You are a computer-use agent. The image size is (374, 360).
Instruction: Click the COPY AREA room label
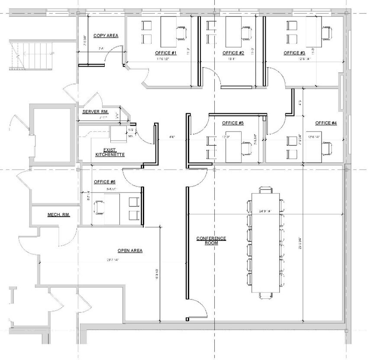(x=106, y=36)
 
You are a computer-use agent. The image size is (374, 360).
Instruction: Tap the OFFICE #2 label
(x=233, y=53)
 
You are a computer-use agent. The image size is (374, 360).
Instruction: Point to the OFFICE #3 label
(x=294, y=53)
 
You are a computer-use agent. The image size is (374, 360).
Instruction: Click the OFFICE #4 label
(x=326, y=123)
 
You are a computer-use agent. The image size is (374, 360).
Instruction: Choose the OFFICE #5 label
(x=233, y=123)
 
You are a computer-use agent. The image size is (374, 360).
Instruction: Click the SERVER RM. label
(x=95, y=112)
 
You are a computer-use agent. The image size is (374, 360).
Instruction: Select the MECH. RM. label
(x=58, y=215)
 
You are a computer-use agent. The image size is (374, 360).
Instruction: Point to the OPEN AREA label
(x=130, y=251)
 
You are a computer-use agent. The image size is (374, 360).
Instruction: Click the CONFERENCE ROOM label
(x=211, y=241)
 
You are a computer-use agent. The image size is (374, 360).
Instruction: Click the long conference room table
(x=266, y=242)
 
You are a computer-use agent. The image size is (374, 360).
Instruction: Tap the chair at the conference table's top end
(x=266, y=190)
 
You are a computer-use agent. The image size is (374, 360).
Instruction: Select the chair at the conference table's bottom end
(x=266, y=296)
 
